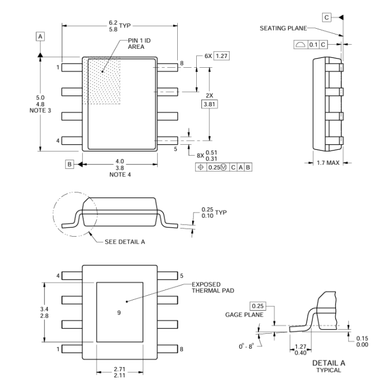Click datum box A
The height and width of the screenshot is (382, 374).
(40, 37)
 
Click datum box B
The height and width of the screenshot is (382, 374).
(70, 164)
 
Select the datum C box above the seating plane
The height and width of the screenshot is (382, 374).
(327, 18)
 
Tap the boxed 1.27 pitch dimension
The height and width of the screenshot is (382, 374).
(222, 56)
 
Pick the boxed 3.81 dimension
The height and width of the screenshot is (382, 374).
(209, 105)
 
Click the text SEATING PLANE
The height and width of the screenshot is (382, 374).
(283, 28)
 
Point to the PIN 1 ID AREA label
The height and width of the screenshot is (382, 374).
(139, 44)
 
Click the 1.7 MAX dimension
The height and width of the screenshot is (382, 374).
(328, 163)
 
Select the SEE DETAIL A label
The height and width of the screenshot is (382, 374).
(125, 242)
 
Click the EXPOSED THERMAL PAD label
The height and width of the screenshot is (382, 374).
(213, 287)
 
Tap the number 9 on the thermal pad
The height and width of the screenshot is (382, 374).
(119, 312)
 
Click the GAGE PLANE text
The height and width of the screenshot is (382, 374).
(244, 315)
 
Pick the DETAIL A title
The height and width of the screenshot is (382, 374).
(329, 363)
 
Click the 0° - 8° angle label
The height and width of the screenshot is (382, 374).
(246, 346)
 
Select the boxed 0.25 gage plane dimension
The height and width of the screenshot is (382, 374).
(258, 306)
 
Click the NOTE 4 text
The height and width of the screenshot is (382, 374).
(120, 175)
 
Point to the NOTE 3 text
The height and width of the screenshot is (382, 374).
(40, 110)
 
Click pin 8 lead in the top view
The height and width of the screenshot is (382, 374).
(167, 67)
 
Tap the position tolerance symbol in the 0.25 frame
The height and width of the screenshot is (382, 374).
(201, 167)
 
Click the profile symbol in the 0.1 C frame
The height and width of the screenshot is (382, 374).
(300, 45)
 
